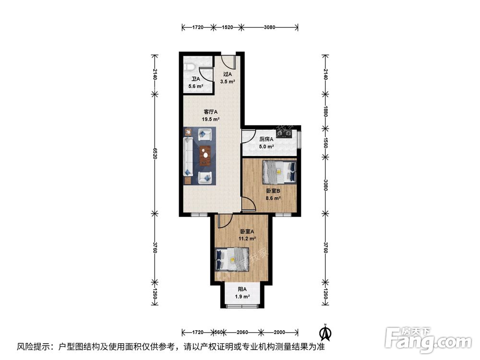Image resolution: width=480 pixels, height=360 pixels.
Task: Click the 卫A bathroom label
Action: (x=195, y=80)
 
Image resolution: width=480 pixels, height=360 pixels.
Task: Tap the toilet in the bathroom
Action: (x=189, y=66)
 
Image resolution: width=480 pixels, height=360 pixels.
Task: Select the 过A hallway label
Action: (x=228, y=74)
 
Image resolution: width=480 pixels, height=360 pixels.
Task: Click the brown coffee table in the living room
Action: (x=205, y=155)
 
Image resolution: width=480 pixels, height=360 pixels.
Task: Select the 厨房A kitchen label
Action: (x=266, y=140)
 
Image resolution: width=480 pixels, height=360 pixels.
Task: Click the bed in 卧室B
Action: (x=279, y=172)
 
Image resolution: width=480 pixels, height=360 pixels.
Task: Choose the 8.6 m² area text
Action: (x=273, y=197)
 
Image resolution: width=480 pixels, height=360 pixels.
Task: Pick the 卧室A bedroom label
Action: (x=247, y=230)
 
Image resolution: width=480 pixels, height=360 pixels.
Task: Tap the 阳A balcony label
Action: (x=242, y=289)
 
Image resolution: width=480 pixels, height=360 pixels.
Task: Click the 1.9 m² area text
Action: (x=242, y=297)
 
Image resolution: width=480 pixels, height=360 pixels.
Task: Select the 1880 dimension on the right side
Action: (x=325, y=111)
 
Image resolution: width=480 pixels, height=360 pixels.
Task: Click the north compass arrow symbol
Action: (x=325, y=331)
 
